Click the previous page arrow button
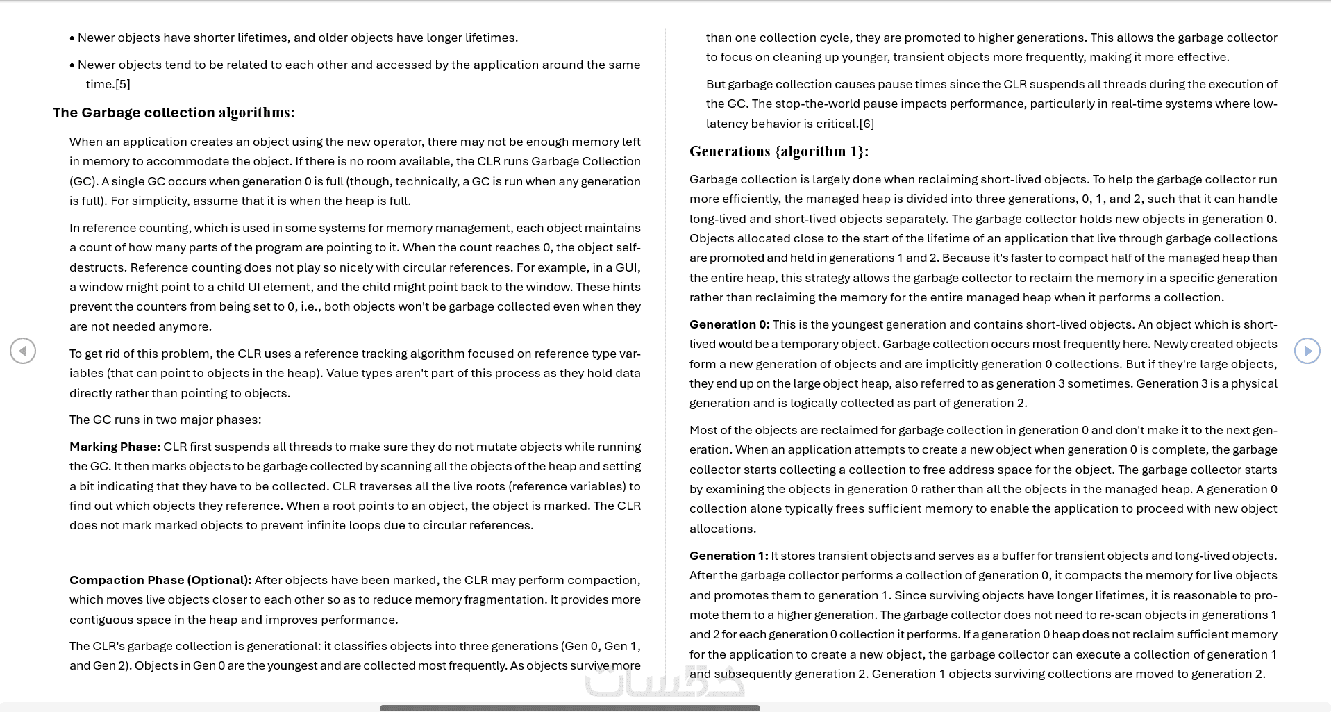pyautogui.click(x=23, y=351)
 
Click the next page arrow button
pyautogui.click(x=1307, y=351)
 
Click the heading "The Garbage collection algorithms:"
pyautogui.click(x=174, y=113)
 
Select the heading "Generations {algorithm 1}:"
pyautogui.click(x=778, y=151)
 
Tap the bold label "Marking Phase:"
pyautogui.click(x=115, y=447)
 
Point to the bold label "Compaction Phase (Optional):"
pyautogui.click(x=160, y=580)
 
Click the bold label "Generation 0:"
pyautogui.click(x=729, y=324)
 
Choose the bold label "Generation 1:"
pyautogui.click(x=728, y=556)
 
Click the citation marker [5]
pyautogui.click(x=123, y=84)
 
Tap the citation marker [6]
pyautogui.click(x=867, y=124)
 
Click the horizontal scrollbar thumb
pyautogui.click(x=569, y=708)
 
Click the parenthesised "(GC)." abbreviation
pyautogui.click(x=84, y=181)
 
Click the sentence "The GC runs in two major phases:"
pyautogui.click(x=165, y=420)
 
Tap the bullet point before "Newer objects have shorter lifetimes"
pyautogui.click(x=72, y=38)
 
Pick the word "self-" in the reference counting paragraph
pyautogui.click(x=628, y=247)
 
